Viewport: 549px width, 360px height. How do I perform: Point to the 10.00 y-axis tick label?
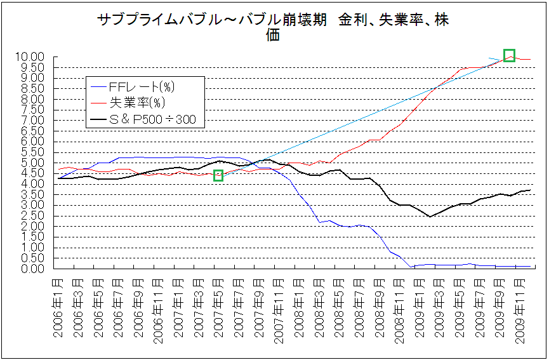30,57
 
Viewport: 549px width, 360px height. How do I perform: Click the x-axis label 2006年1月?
58,309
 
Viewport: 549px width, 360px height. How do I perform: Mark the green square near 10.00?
509,55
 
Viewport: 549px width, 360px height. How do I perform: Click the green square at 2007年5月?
218,175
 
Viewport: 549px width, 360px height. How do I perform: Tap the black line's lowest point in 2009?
430,217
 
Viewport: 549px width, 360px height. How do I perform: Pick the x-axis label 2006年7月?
118,309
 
